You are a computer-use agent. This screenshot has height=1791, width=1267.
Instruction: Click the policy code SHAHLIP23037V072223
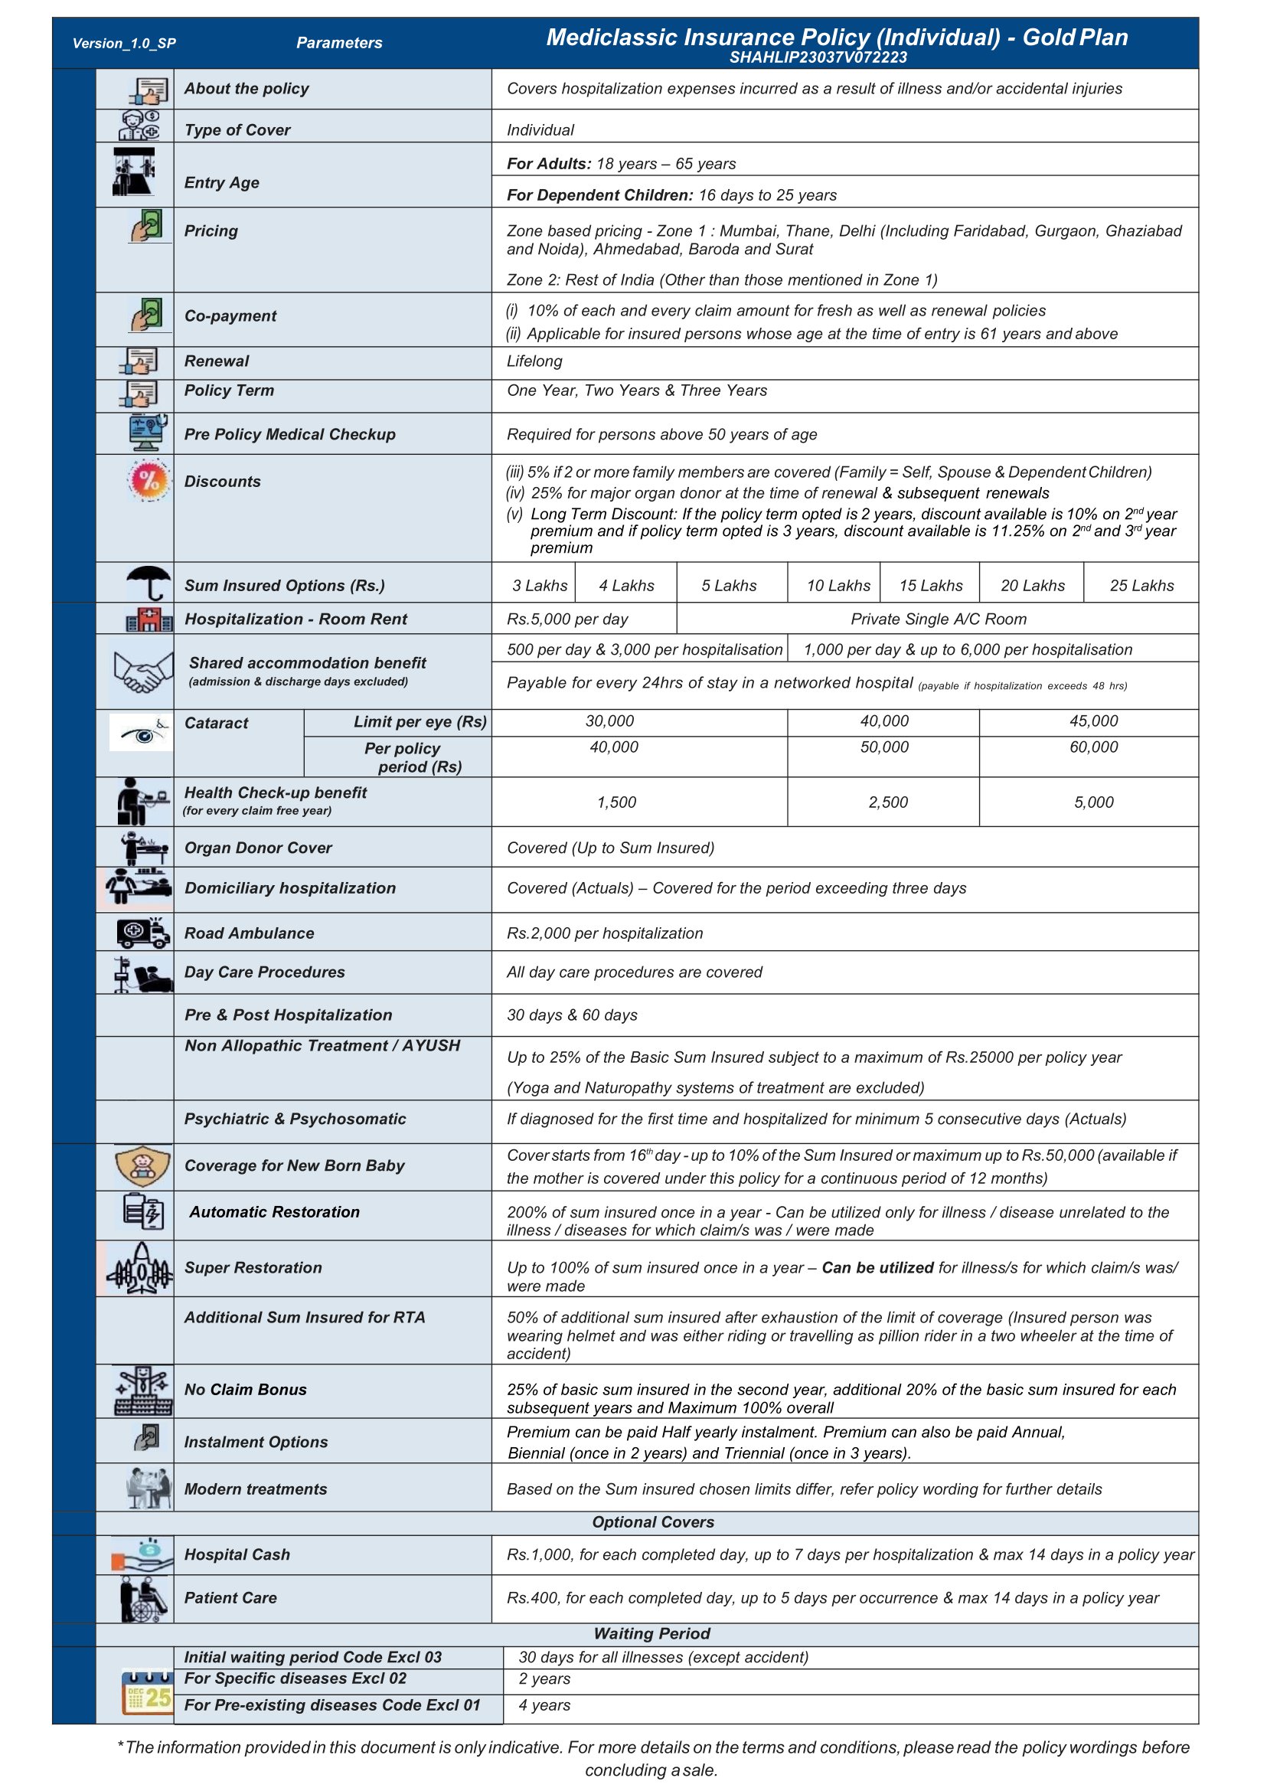[x=818, y=57]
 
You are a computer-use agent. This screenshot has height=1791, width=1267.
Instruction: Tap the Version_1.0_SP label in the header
[x=124, y=43]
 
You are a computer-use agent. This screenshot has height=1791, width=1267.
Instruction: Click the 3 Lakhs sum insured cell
[x=539, y=585]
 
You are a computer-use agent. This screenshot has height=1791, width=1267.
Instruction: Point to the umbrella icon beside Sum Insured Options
[x=149, y=582]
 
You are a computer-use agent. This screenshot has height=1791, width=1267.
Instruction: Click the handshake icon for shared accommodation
[x=142, y=671]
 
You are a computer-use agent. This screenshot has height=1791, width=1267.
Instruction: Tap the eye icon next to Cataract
[x=141, y=733]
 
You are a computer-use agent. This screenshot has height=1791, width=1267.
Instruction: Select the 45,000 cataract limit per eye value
[x=1093, y=721]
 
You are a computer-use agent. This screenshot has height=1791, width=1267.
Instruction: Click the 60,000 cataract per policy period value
[x=1093, y=747]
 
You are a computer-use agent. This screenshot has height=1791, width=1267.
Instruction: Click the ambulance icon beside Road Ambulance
[x=142, y=932]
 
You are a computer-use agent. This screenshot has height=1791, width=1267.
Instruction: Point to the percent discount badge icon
[x=149, y=480]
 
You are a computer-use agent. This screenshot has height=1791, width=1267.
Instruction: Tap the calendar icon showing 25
[x=147, y=1692]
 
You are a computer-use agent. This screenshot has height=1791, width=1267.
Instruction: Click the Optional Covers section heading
[x=652, y=1521]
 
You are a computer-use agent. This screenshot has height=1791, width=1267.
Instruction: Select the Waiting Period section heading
[x=651, y=1633]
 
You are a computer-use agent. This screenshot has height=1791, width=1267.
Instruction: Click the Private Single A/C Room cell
[x=938, y=619]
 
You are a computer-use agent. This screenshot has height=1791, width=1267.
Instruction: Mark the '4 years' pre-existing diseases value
[x=544, y=1705]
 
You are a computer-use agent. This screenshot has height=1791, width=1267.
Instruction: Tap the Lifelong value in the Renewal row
[x=534, y=361]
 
